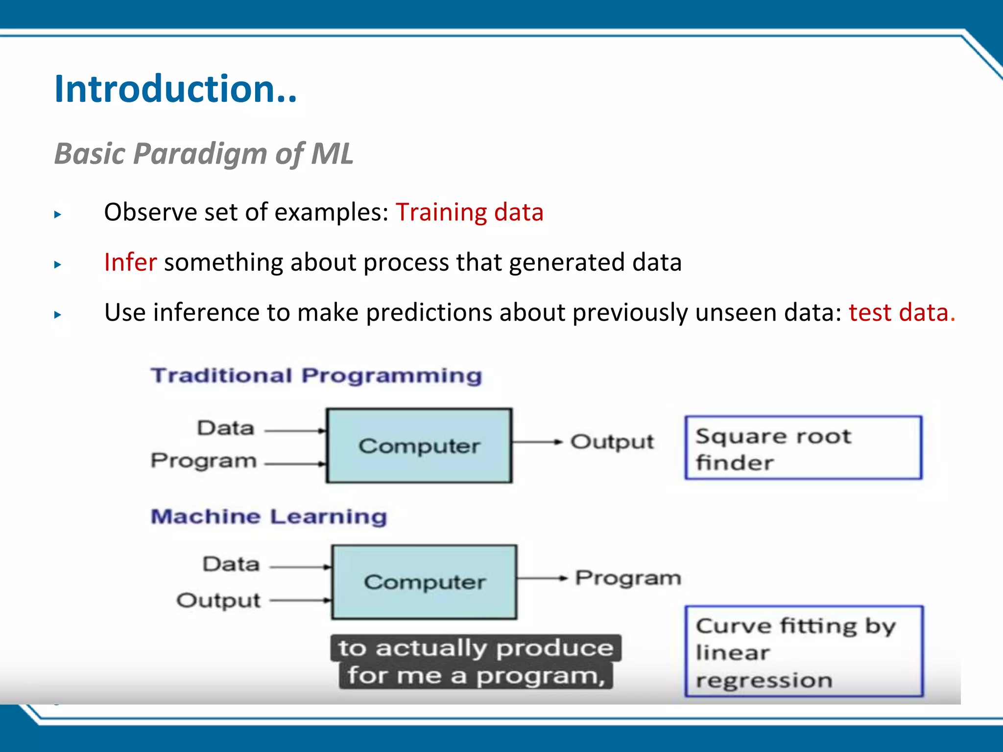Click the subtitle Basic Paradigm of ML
tap(203, 154)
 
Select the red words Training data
tap(469, 212)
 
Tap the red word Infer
tap(130, 262)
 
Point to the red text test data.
tap(901, 312)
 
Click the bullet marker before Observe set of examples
tap(58, 214)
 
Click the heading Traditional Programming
tap(316, 376)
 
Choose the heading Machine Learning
tap(269, 517)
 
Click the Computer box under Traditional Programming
tap(419, 446)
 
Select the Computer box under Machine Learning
tap(424, 582)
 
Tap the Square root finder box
tap(803, 447)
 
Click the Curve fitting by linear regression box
tap(803, 652)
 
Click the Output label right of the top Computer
tap(612, 442)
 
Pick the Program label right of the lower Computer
tap(628, 578)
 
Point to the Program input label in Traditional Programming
tap(204, 461)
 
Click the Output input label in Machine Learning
tap(218, 601)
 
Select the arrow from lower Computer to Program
tap(542, 579)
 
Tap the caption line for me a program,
tap(476, 676)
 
